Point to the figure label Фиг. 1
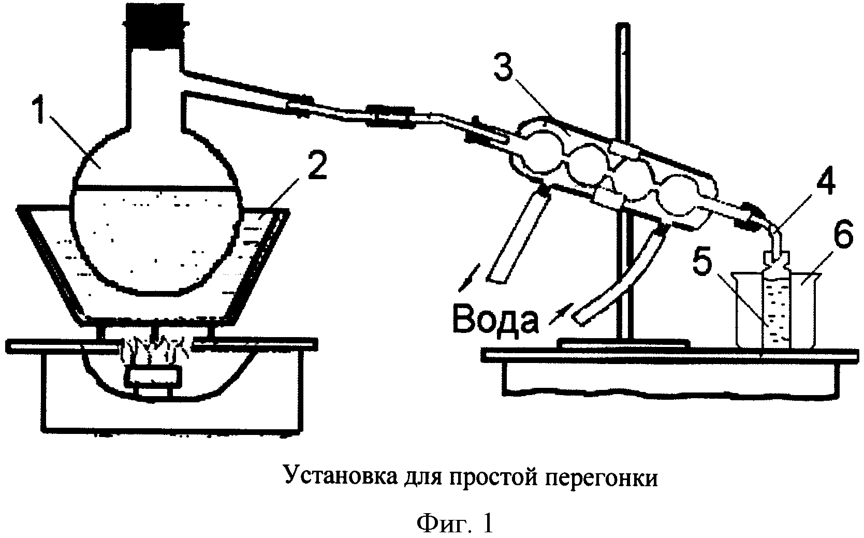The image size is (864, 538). (x=455, y=524)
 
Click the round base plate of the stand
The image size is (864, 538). (x=623, y=342)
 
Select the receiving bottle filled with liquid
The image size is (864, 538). (x=775, y=306)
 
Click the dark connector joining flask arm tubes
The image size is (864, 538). (x=389, y=114)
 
